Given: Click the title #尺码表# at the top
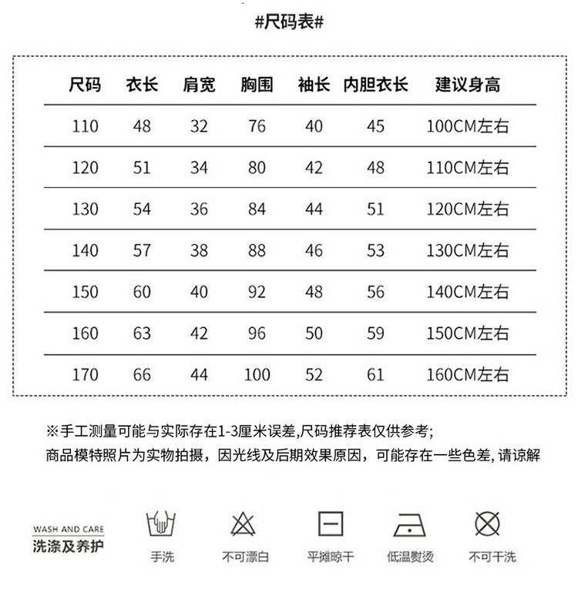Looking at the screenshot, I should (x=288, y=22).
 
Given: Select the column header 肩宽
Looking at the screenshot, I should (x=199, y=84).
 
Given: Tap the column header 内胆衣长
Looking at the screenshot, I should (x=375, y=84).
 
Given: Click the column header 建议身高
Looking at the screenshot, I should (x=468, y=84).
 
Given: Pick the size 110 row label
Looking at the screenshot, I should (x=85, y=125).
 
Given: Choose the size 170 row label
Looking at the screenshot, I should (x=85, y=375).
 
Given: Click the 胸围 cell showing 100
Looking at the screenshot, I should (x=257, y=375).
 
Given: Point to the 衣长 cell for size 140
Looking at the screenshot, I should (x=142, y=250).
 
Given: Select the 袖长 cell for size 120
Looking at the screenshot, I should (x=314, y=167).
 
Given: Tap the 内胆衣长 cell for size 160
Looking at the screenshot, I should (x=375, y=333).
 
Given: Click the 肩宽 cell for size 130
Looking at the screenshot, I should (x=199, y=209).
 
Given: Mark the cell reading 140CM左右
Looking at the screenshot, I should (x=468, y=292).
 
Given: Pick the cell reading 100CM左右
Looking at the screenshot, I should (x=468, y=125).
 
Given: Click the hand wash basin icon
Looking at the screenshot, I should (x=162, y=525).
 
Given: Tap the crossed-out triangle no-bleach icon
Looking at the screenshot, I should (x=244, y=525).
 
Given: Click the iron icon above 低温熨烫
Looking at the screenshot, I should (x=410, y=525).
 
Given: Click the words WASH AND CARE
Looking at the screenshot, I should (x=69, y=530).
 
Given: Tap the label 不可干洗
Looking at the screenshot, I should (x=492, y=557).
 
